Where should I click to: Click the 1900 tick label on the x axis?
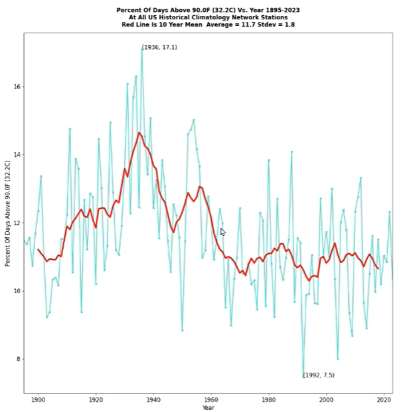(x=38, y=400)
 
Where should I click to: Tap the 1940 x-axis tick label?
(x=153, y=400)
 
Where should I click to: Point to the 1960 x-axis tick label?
(x=211, y=400)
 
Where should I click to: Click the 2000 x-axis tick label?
(x=326, y=400)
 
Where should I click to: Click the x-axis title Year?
(x=208, y=407)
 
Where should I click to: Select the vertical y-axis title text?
(x=7, y=213)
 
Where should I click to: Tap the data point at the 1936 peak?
(x=142, y=49)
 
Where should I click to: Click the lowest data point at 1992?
(x=303, y=376)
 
